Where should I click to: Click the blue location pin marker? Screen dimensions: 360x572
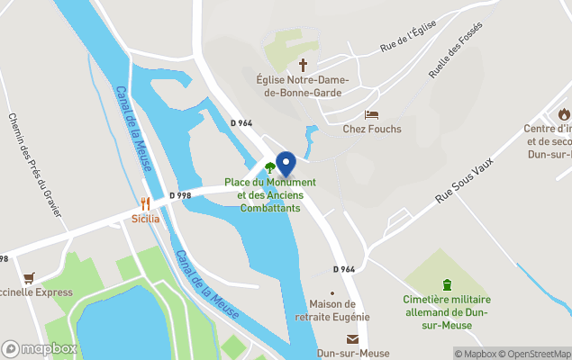point(286,165)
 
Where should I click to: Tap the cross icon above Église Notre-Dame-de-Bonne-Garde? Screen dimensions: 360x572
point(304,65)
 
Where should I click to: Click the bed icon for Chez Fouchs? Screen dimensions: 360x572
point(371,115)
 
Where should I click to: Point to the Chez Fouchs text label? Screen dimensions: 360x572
point(371,129)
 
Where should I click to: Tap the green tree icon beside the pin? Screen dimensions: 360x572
point(269,166)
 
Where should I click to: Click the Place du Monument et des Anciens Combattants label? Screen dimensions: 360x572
point(269,195)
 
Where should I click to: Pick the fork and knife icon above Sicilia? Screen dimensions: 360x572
point(145,203)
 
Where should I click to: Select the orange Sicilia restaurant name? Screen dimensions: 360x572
point(145,218)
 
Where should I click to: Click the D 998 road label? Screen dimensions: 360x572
point(180,195)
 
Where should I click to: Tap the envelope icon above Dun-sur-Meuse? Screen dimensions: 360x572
point(352,338)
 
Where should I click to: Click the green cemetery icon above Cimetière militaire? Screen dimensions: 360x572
point(447,285)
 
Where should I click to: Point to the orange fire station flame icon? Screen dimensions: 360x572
point(563,113)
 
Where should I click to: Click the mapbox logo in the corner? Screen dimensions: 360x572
point(40,348)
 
